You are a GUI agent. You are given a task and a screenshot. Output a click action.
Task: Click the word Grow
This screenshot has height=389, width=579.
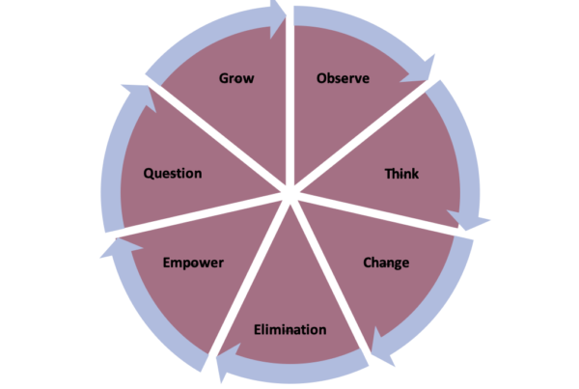point(236,78)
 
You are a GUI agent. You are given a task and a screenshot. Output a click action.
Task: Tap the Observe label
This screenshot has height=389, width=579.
point(344,78)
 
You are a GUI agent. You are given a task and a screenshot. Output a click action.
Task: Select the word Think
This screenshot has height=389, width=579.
point(401,174)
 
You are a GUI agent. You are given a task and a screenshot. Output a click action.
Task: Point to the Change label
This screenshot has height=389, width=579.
point(386,263)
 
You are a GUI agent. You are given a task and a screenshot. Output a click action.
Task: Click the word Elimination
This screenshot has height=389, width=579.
point(289,330)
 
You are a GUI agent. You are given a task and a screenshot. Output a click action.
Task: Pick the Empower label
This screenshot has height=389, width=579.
point(193,263)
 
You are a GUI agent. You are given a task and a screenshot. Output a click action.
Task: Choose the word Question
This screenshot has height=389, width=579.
point(173,174)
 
